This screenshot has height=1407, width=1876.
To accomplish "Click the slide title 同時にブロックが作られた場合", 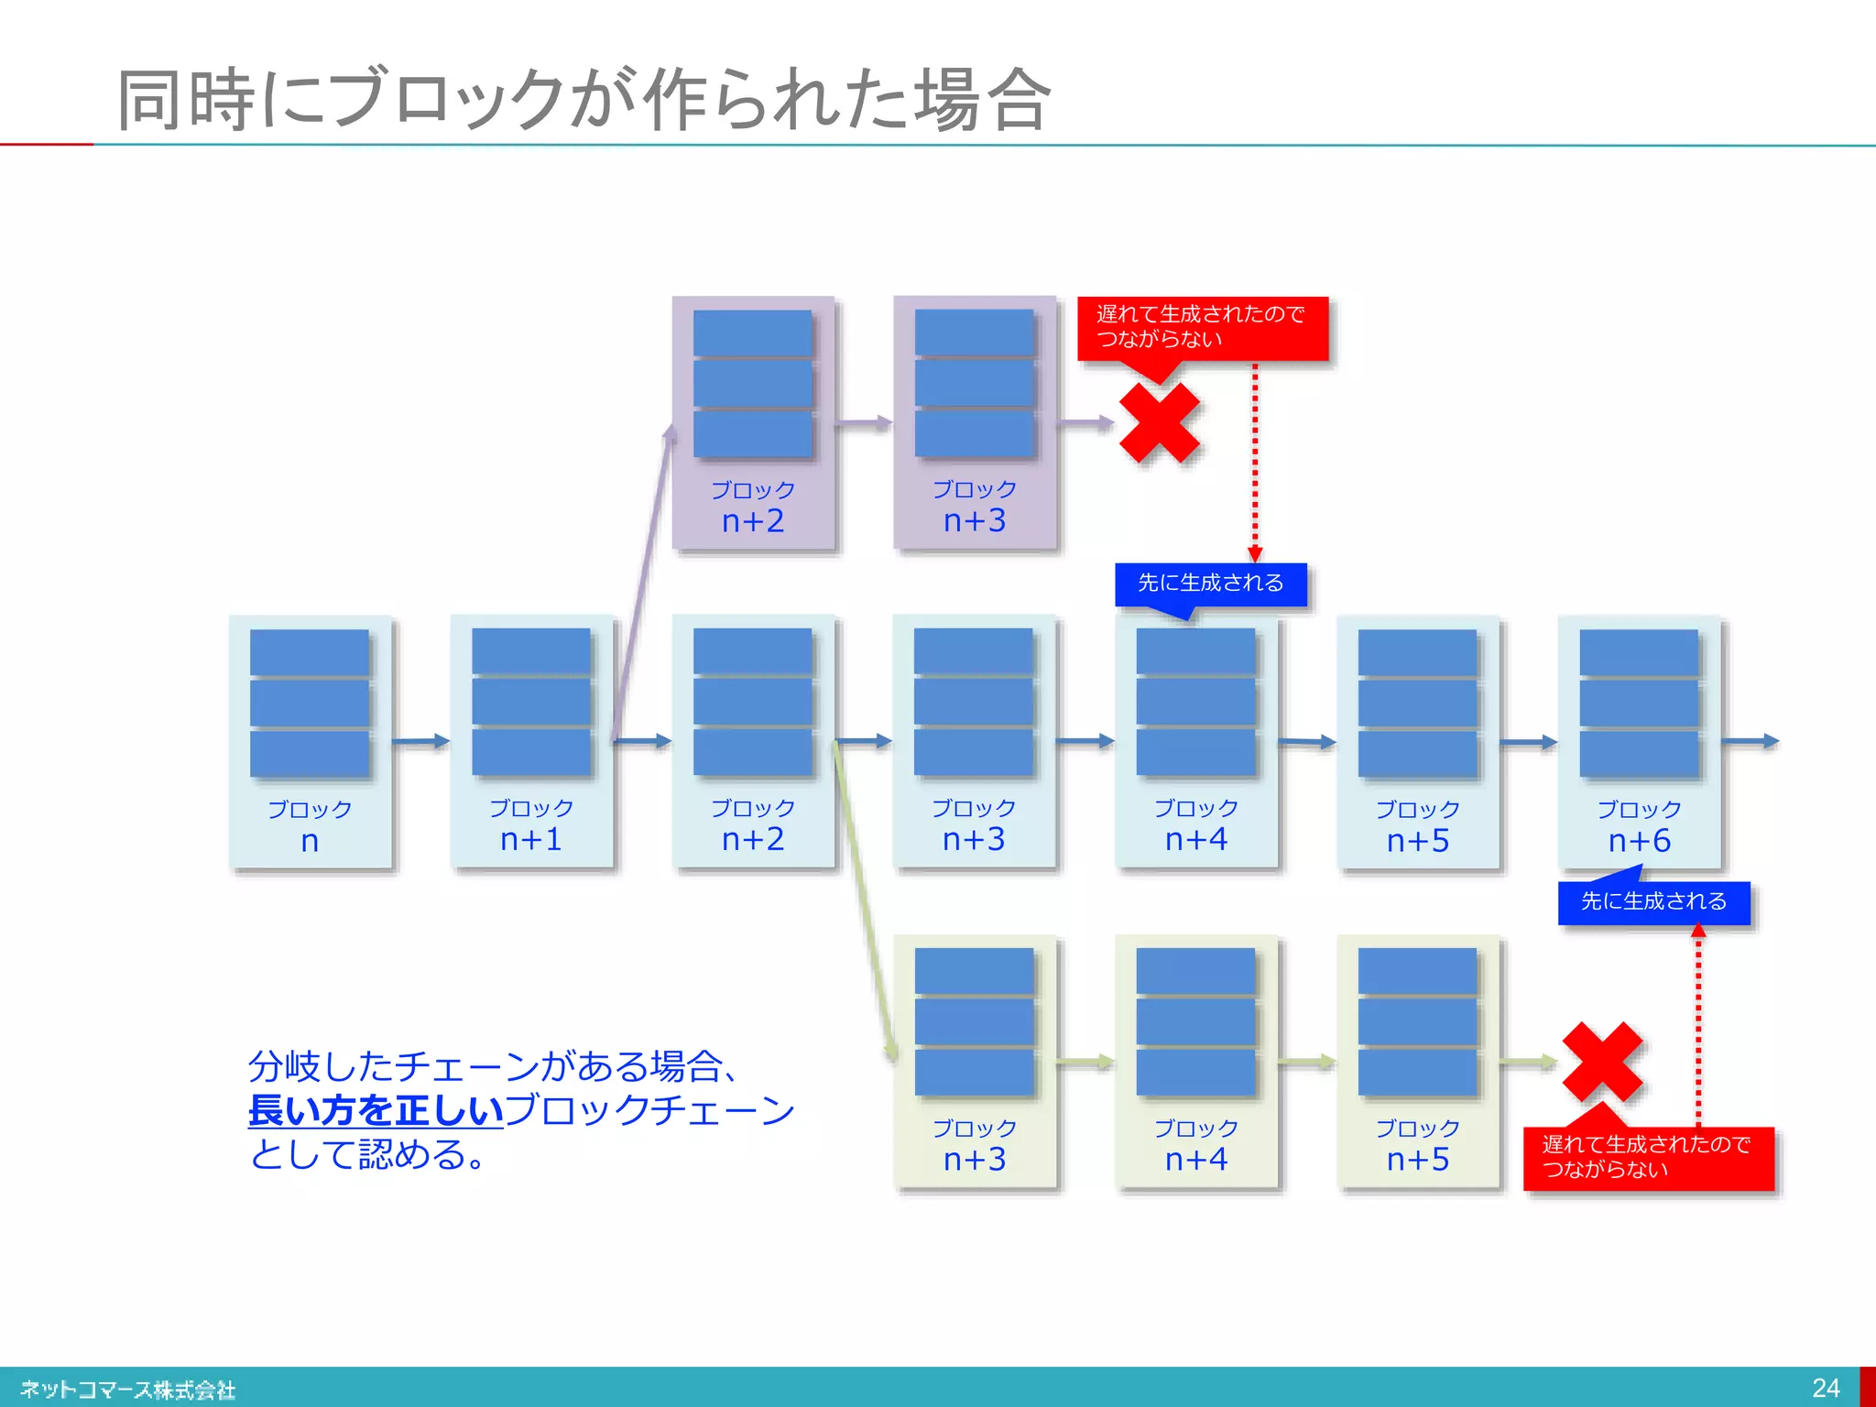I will (584, 99).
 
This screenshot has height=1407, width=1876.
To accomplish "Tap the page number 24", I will (1826, 1388).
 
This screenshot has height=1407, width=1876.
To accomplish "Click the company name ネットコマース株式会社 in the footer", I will (127, 1390).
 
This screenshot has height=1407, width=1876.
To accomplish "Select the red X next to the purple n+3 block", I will (1160, 423).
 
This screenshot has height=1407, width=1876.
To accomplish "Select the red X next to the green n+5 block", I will (1602, 1063).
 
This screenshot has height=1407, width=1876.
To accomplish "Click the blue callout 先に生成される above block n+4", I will (1210, 584).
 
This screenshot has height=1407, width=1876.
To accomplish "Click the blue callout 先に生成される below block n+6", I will (1653, 902).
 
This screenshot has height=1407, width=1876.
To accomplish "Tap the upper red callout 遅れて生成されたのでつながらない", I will (1202, 327).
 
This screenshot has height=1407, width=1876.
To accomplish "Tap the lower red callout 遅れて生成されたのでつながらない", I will (1648, 1158).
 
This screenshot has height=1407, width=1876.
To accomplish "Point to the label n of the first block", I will (310, 840).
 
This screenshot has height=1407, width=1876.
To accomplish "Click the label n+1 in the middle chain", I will (531, 839).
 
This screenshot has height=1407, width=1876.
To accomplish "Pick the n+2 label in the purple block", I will (753, 520).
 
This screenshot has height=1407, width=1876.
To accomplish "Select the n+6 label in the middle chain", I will (1639, 840).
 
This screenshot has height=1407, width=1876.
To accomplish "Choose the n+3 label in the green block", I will (975, 1159).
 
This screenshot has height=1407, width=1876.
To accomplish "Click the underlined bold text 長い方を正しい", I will (376, 1110).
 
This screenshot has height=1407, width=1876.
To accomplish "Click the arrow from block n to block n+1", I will (420, 741).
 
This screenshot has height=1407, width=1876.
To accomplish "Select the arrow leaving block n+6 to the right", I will (1751, 741).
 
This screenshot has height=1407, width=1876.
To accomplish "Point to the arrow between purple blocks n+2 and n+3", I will (864, 423).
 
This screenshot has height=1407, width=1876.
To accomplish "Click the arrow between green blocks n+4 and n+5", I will (1307, 1063).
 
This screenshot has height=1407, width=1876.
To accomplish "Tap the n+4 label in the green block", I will (1196, 1159).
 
